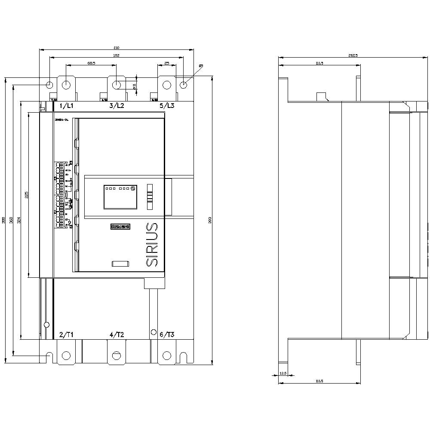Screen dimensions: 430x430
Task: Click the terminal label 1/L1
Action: tap(66, 105)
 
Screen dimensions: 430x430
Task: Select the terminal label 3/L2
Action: tap(117, 105)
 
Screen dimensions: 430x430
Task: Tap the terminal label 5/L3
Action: tap(167, 105)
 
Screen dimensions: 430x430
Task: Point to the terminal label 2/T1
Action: tap(66, 335)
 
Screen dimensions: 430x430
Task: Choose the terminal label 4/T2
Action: tap(117, 335)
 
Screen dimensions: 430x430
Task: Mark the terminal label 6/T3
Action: tap(167, 335)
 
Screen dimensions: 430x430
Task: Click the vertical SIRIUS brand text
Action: tap(152, 245)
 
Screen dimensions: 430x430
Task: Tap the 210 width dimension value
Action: tap(116, 48)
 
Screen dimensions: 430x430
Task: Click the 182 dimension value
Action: tap(116, 55)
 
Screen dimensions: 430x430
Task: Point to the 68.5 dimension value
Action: tap(91, 63)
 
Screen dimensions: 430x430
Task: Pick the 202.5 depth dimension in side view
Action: tap(353, 55)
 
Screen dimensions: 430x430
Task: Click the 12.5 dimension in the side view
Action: tap(283, 373)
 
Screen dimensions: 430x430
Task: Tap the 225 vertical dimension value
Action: tap(26, 194)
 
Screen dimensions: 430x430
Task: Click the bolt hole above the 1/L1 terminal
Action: tap(66, 85)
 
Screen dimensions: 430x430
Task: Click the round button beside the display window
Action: tap(133, 188)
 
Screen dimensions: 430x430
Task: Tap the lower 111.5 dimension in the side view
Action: tap(319, 381)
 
